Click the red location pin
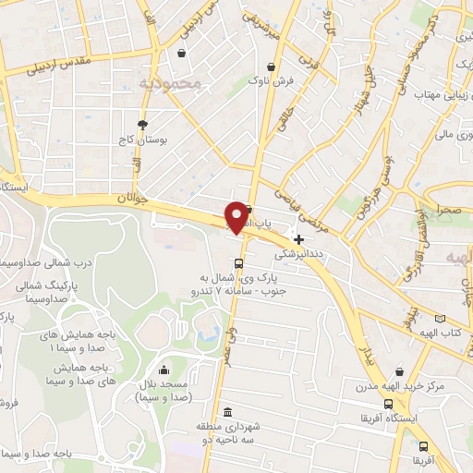tap(236, 216)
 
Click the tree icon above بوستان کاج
tap(142, 124)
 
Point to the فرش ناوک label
tap(271, 80)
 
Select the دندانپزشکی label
tap(297, 251)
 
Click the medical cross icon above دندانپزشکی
tap(297, 238)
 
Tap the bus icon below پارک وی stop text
tap(240, 314)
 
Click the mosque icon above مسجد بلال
tap(164, 370)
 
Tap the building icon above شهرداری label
tap(228, 412)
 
